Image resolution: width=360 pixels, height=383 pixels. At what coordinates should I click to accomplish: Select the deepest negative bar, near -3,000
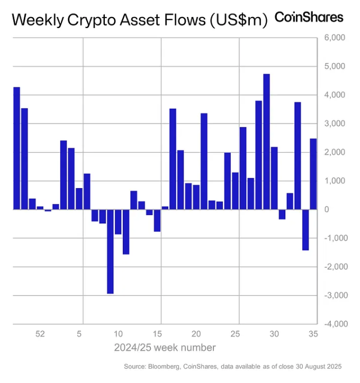(x=110, y=251)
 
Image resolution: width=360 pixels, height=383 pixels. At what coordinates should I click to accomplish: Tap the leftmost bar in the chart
(x=16, y=148)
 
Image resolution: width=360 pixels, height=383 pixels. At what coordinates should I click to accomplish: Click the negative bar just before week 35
(x=305, y=229)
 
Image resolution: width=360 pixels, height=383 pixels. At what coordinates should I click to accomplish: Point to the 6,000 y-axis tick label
(x=335, y=38)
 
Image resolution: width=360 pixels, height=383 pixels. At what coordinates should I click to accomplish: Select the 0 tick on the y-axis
(x=342, y=210)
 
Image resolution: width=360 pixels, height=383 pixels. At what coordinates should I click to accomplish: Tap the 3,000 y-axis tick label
(x=335, y=124)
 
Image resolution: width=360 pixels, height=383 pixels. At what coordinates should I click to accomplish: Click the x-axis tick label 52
(x=40, y=334)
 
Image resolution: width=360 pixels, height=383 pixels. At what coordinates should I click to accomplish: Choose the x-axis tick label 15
(x=157, y=334)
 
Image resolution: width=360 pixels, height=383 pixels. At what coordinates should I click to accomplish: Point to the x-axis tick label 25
(x=235, y=334)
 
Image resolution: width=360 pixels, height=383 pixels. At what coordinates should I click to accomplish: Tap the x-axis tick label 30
(x=274, y=334)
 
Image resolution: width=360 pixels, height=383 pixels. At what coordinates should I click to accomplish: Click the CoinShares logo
(x=309, y=17)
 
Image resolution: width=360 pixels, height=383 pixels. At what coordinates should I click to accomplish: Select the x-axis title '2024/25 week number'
(x=165, y=348)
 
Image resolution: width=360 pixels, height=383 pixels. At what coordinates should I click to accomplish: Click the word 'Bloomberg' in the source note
(x=166, y=367)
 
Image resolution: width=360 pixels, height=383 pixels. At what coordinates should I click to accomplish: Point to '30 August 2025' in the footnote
(x=315, y=367)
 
